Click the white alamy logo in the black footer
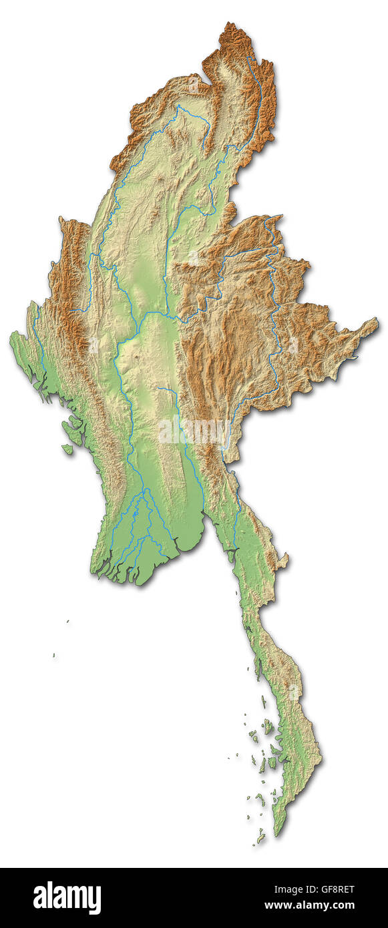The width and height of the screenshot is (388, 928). point(67,897)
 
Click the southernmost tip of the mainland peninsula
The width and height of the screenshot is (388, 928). point(275,835)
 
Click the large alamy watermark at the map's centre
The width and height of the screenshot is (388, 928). point(194,431)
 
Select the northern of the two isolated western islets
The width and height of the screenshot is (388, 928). point(67,622)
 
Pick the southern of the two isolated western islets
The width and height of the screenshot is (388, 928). point(54,656)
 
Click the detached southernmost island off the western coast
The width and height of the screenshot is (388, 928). point(67,449)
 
